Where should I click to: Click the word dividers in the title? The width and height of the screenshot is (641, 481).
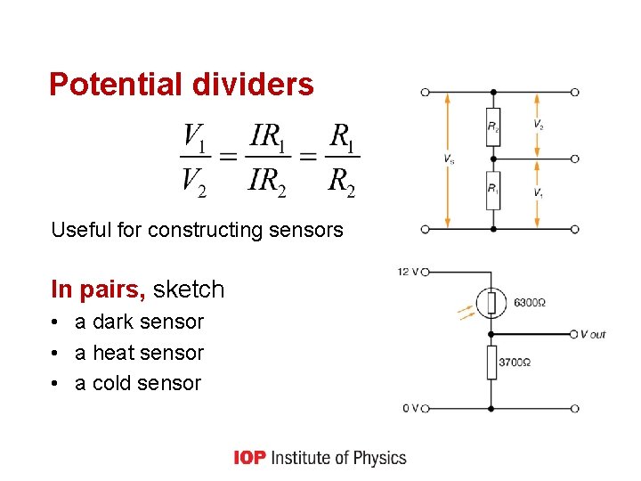pos(252,85)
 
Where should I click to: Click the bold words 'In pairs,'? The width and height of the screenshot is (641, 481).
pos(99,289)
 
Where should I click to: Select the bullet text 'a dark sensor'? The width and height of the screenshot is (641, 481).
pos(139,322)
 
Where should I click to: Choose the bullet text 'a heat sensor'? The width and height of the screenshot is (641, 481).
pos(139,353)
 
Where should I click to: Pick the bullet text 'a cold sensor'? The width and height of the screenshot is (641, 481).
pos(138,383)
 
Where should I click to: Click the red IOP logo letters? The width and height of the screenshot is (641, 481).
pos(249,458)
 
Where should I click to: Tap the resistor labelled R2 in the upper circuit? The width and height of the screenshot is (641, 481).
pos(493,126)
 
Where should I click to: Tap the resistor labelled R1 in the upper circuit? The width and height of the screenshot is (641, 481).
pos(493,190)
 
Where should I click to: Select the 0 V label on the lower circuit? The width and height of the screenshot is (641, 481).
pos(410,408)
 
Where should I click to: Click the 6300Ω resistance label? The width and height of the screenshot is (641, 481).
pos(529,303)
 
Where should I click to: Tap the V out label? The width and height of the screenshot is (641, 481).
pos(592,334)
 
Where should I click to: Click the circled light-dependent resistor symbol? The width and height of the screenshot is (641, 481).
pos(491,303)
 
